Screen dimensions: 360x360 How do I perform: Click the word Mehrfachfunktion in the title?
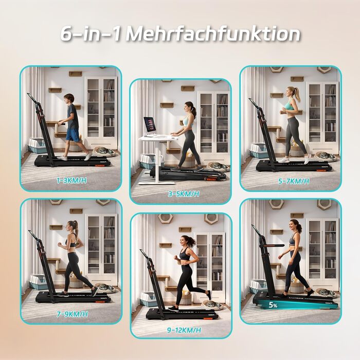(213, 34)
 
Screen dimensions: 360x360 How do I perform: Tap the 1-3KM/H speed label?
(71, 181)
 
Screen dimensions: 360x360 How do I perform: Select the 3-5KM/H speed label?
(184, 194)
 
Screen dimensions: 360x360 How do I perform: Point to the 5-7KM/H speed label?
(294, 181)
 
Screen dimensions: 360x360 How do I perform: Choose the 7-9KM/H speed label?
(73, 314)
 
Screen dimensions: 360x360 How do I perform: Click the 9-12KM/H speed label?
(184, 330)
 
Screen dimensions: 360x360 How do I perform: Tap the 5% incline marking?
(273, 305)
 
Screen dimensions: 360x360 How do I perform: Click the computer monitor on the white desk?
(150, 126)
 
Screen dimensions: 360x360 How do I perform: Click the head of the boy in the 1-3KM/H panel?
(69, 99)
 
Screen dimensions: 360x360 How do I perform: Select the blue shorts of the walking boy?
(73, 135)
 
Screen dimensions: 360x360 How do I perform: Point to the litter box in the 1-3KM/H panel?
(37, 145)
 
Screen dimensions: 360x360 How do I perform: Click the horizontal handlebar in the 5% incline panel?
(272, 246)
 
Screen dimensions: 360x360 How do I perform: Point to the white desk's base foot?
(156, 183)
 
